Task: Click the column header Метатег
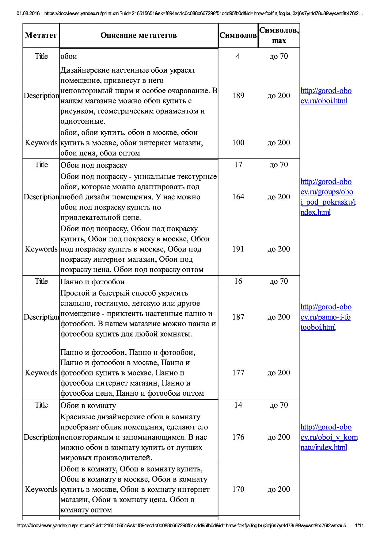pyautogui.click(x=41, y=36)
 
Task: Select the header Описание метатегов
pyautogui.click(x=139, y=36)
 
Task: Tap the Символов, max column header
pyautogui.click(x=279, y=35)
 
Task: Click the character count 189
pyautogui.click(x=238, y=96)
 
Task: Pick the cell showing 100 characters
pyautogui.click(x=238, y=143)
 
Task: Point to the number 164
pyautogui.click(x=238, y=197)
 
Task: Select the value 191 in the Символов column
pyautogui.click(x=238, y=249)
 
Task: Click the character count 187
pyautogui.click(x=238, y=317)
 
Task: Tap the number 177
pyautogui.click(x=238, y=373)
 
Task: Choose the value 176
pyautogui.click(x=238, y=437)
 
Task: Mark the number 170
pyautogui.click(x=238, y=489)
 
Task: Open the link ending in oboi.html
pyautogui.click(x=326, y=96)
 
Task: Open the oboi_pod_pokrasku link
pyautogui.click(x=327, y=197)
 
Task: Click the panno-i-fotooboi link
pyautogui.click(x=326, y=317)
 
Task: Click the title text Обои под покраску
pyautogui.click(x=94, y=166)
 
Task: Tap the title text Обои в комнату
pyautogui.click(x=88, y=406)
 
